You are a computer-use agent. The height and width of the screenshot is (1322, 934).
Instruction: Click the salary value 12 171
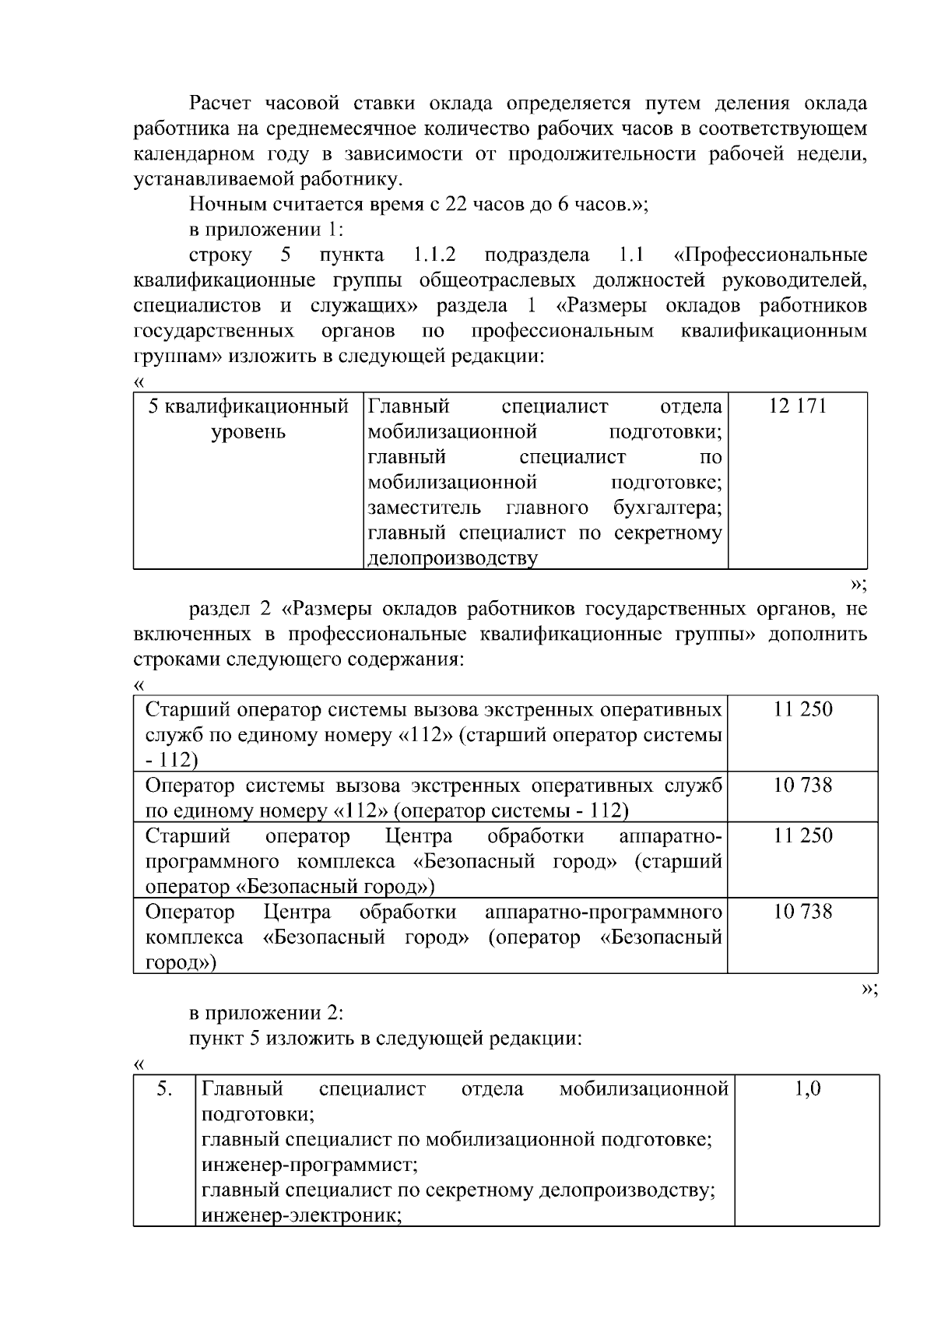[x=797, y=406]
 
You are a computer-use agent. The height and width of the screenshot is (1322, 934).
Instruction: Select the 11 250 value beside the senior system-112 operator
[x=802, y=709]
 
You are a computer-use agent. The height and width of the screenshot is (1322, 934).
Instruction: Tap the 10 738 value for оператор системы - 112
[x=802, y=785]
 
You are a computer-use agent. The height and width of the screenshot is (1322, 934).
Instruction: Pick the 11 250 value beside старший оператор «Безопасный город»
[x=802, y=835]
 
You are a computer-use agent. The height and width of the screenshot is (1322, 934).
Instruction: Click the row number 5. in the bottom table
[x=163, y=1088]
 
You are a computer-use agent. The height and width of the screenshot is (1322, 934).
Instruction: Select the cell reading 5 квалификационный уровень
[x=248, y=419]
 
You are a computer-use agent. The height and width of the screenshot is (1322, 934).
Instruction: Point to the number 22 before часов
[x=455, y=205]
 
